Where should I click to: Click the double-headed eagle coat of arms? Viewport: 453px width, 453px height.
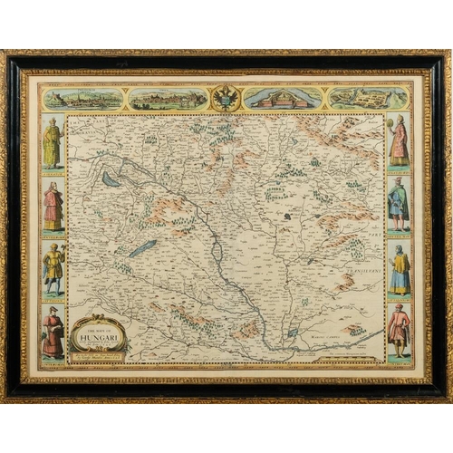226,98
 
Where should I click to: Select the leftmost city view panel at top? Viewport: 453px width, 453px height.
83,99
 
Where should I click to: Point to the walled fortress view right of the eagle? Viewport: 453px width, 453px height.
283,99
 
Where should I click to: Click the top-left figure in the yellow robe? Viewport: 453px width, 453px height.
53,143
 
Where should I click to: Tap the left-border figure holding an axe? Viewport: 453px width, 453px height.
53,269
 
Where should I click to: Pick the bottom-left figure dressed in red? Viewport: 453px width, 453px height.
53,333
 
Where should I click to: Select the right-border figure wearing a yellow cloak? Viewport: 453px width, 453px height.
399,269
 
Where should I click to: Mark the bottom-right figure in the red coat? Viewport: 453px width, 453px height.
399,333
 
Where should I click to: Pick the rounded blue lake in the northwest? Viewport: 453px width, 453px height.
111,179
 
